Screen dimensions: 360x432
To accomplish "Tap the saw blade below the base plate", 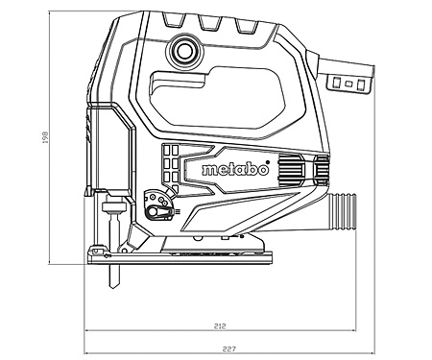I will point(114,277).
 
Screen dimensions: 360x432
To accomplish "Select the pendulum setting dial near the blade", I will point(152,204).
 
